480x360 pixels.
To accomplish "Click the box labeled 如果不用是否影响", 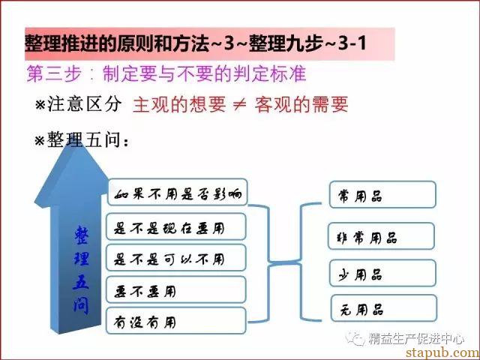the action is (177, 192).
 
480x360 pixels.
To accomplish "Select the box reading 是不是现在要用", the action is (176, 226).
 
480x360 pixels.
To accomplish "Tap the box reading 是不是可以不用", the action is (176, 258).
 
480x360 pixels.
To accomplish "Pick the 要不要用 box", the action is (176, 289).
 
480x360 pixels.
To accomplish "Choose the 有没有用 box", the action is (176, 321).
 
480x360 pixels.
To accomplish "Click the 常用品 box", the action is (382, 195).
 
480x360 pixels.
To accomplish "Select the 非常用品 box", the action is (381, 236).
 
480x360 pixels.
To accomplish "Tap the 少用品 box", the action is (382, 273).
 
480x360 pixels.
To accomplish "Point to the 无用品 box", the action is (384, 308).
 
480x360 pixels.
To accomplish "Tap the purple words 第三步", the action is (54, 73).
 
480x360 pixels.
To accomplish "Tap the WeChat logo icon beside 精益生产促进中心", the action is (355, 338).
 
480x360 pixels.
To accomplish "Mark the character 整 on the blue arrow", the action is (81, 235).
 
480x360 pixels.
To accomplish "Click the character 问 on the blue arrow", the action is (81, 305).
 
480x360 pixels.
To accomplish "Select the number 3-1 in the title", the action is (352, 43).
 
